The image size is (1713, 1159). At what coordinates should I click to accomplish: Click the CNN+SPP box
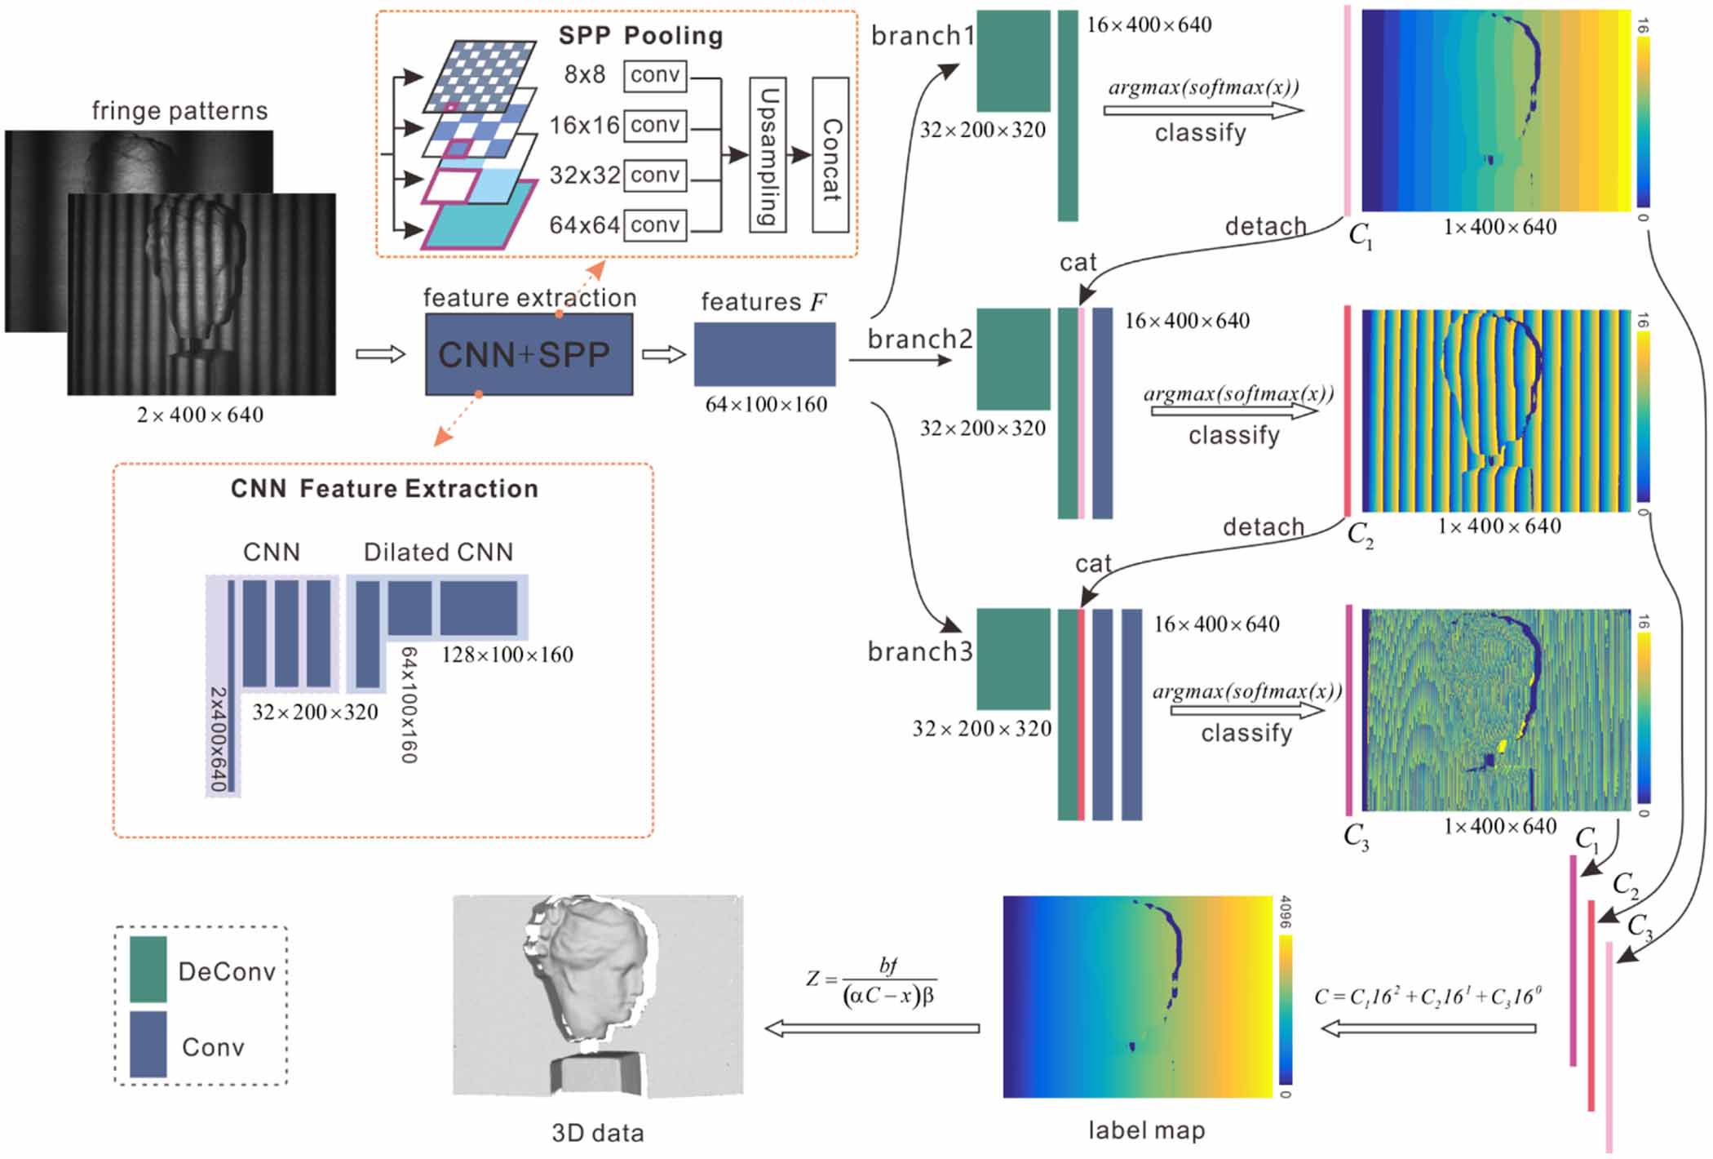tap(529, 355)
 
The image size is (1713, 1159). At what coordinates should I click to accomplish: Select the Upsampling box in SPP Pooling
tap(767, 155)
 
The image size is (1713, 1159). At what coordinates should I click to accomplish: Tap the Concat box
tap(830, 155)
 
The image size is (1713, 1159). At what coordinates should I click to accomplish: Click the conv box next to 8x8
tap(655, 75)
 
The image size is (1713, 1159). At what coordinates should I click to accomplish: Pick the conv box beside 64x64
tap(655, 225)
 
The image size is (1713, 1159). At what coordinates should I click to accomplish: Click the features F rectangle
tap(764, 354)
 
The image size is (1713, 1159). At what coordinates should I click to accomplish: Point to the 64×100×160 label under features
tap(766, 405)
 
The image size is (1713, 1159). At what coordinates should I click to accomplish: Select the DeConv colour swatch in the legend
tap(148, 969)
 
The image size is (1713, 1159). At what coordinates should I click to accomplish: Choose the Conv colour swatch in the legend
tap(148, 1044)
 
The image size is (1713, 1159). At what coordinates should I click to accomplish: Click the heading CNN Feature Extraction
tap(384, 489)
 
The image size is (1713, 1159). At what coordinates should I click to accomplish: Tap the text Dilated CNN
tap(438, 553)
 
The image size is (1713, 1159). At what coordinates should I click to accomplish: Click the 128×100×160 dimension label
tap(507, 655)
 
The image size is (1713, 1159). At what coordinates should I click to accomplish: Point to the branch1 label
tap(922, 36)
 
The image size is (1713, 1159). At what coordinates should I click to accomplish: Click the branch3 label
tap(919, 652)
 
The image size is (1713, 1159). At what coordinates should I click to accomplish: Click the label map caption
tap(1146, 1130)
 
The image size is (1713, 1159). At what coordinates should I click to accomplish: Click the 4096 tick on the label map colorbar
tap(1285, 913)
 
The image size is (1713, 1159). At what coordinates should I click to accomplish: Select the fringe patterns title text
tap(179, 111)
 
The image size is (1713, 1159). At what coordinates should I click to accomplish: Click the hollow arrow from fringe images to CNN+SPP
tap(381, 354)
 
